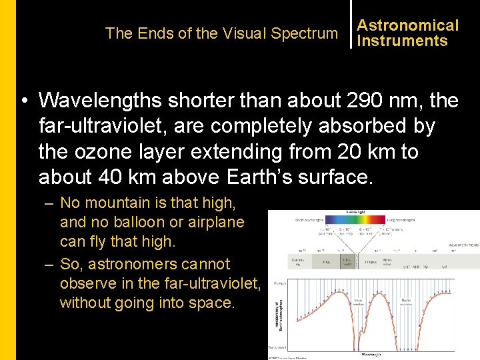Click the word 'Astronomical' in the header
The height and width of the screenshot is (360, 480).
407,25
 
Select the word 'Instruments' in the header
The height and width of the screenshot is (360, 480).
402,41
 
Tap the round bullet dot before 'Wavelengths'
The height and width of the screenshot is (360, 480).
24,101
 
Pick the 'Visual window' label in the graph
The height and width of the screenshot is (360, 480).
358,302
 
